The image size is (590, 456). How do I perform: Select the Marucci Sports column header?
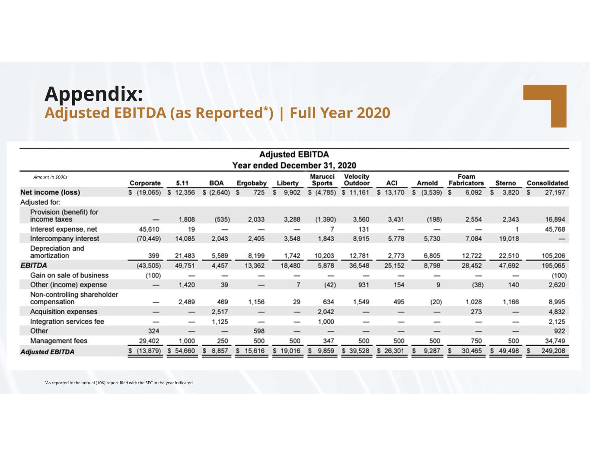(x=322, y=180)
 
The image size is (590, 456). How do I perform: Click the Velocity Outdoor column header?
(x=357, y=180)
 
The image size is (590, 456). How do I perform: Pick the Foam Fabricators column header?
(x=466, y=180)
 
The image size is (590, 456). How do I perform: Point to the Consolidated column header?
(x=547, y=183)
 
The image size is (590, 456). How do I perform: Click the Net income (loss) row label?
(x=50, y=192)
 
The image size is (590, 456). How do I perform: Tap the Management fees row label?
(x=58, y=341)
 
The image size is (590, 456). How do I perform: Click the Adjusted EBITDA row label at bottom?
(x=47, y=352)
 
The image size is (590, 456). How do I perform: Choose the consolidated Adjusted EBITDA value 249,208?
(x=553, y=351)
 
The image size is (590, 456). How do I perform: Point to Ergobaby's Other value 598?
(x=259, y=331)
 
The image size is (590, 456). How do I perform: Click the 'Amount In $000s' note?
(x=50, y=177)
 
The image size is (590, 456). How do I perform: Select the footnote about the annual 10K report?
(x=119, y=383)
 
